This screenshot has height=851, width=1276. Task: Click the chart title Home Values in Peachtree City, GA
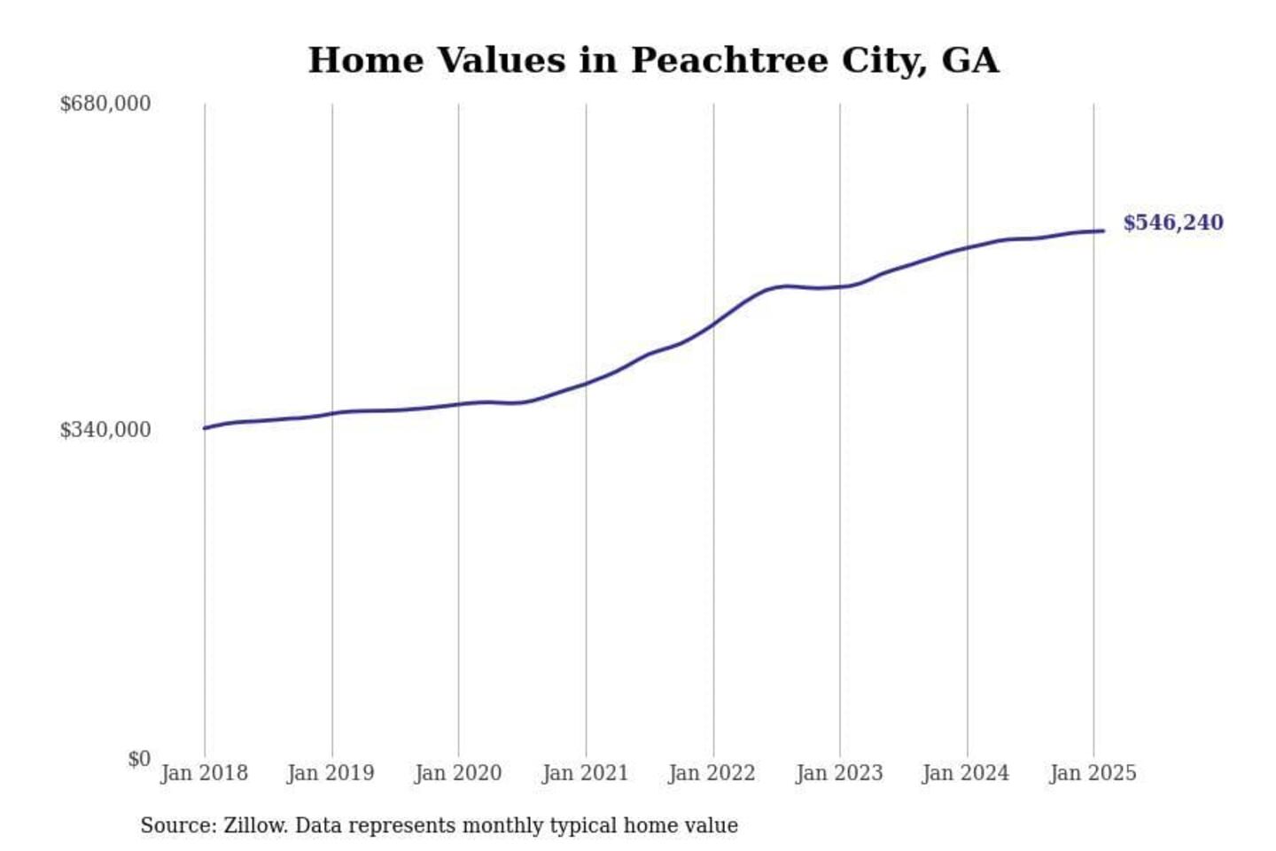653,60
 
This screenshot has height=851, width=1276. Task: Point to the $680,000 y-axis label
105,104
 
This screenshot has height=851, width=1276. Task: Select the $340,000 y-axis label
105,430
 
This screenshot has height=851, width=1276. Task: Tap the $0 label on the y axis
138,759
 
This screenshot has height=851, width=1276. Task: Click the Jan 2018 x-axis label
204,773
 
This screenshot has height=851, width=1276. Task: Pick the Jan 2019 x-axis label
331,773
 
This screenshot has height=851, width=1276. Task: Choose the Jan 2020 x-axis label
458,773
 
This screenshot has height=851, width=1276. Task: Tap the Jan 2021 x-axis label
585,773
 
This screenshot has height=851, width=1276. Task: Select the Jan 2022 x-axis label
712,773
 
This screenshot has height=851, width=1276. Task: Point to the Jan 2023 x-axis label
839,773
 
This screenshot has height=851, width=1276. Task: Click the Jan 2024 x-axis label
965,773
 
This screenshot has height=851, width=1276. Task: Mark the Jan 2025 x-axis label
1093,773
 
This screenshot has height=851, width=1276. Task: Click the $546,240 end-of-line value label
1173,223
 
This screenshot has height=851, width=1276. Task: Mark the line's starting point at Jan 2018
206,428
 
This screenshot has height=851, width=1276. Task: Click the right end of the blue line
1102,231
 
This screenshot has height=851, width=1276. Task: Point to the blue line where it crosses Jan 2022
713,324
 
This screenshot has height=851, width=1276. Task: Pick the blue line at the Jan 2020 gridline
459,404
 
